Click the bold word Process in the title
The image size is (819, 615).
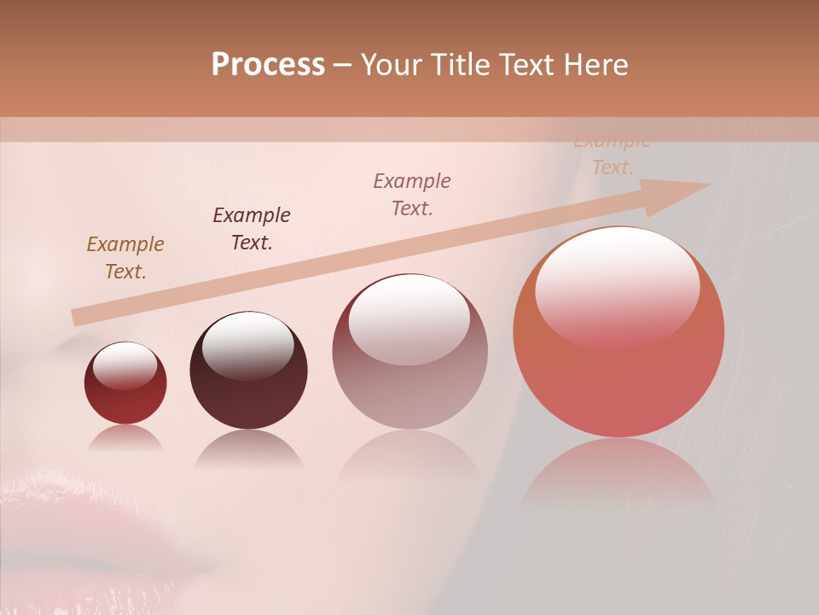click(268, 65)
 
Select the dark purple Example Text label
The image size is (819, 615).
click(251, 229)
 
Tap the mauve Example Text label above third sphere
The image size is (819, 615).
click(412, 195)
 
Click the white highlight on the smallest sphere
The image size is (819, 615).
click(125, 365)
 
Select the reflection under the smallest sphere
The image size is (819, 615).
click(125, 438)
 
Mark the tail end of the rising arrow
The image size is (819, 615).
click(78, 317)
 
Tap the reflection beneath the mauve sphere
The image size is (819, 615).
click(409, 457)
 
